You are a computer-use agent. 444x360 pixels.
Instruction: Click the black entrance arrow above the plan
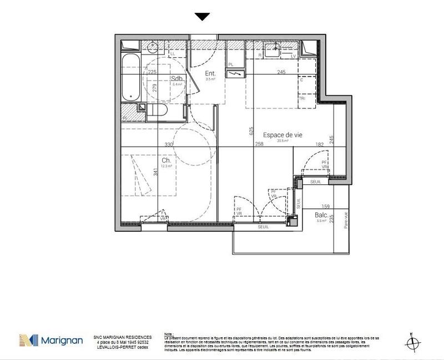203,17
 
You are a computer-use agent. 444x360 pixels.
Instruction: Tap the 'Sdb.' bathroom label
178,78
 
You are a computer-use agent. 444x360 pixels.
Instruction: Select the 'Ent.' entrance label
210,73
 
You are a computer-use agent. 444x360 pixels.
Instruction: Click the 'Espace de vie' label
284,134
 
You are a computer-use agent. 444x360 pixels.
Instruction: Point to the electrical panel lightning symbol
235,74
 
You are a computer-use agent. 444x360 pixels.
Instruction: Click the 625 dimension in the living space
251,132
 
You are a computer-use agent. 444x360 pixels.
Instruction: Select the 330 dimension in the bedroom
169,144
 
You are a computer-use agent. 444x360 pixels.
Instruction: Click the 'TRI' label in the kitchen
302,98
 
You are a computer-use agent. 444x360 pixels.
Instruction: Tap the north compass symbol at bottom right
411,341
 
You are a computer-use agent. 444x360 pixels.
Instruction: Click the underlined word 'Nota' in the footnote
169,334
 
